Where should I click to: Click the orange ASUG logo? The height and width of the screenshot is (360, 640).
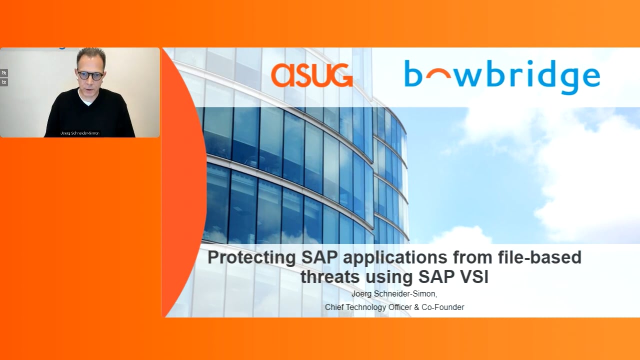point(311,75)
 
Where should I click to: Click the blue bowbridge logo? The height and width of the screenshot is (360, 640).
point(502,76)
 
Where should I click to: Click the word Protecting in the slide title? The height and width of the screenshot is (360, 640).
point(251,257)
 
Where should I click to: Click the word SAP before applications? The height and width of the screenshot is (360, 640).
point(319,257)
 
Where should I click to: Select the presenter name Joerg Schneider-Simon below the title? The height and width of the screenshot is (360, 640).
point(393,293)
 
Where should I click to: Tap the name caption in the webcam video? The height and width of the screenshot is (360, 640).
point(80,133)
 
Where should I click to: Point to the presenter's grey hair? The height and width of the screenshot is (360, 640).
point(91,55)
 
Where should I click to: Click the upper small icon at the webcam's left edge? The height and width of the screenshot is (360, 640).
point(3,73)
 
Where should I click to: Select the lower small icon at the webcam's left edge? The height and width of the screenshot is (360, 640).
point(3,82)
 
